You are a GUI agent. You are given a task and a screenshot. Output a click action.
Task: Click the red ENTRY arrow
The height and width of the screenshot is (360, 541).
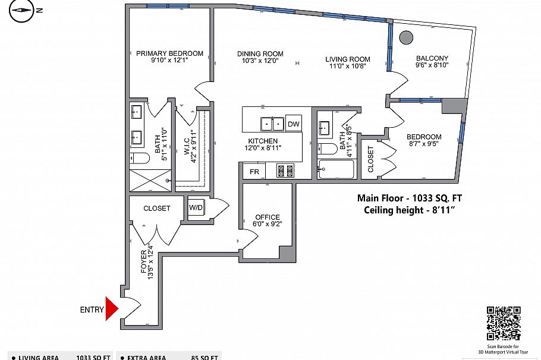coord(112,308)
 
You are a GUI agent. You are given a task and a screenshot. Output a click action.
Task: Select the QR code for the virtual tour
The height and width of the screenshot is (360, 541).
coord(504,323)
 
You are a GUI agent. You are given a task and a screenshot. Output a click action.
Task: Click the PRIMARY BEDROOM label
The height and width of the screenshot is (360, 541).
coord(169,53)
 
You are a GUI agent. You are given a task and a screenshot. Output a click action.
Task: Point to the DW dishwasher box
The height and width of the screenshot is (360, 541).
coord(293,124)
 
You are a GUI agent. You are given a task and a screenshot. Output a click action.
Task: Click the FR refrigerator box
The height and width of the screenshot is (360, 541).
coord(254,172)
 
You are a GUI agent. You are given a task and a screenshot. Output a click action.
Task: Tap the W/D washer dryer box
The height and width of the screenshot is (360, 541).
coord(196,208)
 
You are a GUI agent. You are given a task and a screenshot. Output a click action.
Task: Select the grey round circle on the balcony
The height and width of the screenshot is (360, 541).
coord(406,37)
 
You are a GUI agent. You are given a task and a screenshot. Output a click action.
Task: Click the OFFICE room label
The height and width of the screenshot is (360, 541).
coord(268,217)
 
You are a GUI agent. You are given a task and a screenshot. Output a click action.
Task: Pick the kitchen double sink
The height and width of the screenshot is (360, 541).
coord(272,124)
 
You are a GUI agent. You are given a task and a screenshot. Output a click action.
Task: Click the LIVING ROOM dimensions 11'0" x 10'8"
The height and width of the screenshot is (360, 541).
coord(348,67)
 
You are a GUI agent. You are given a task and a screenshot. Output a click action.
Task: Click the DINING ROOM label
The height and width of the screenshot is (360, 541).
coord(260,53)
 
